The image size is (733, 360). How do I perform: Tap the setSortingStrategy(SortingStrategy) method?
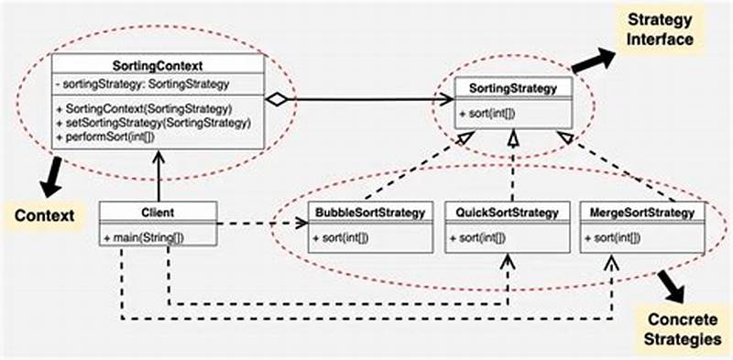point(153,122)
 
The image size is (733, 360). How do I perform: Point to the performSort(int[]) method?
point(118,136)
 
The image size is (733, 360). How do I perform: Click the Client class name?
point(159,213)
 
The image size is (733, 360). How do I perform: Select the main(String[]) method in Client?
point(142,237)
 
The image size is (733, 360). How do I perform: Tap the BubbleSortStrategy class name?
point(369,213)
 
